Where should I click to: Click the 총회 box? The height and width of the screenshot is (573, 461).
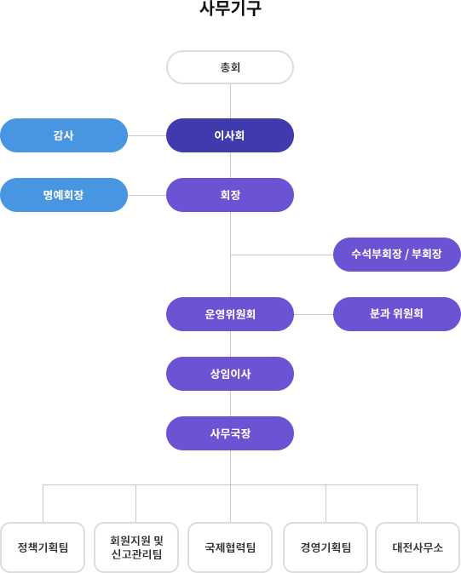pyautogui.click(x=230, y=67)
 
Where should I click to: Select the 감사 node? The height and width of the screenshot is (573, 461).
pyautogui.click(x=64, y=135)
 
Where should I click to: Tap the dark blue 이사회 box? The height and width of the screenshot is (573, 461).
pyautogui.click(x=230, y=135)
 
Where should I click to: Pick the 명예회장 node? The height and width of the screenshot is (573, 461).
pyautogui.click(x=64, y=195)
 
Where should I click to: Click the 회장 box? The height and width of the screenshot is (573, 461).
pyautogui.click(x=230, y=195)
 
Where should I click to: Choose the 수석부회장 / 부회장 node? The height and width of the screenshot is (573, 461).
pyautogui.click(x=397, y=255)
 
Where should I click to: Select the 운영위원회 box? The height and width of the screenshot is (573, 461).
pyautogui.click(x=230, y=314)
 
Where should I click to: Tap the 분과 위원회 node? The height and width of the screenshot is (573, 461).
pyautogui.click(x=397, y=314)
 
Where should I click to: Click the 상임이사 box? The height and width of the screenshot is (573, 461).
pyautogui.click(x=230, y=374)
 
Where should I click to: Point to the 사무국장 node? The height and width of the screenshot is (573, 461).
pyautogui.click(x=230, y=433)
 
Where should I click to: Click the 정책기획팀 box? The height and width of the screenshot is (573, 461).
pyautogui.click(x=43, y=547)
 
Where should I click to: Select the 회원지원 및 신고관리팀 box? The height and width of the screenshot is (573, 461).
pyautogui.click(x=136, y=547)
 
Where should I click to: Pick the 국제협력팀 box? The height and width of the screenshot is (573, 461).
pyautogui.click(x=230, y=547)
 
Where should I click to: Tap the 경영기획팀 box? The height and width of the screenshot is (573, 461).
pyautogui.click(x=326, y=547)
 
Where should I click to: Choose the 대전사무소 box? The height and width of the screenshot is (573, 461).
pyautogui.click(x=418, y=547)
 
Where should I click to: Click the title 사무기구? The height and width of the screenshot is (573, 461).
pyautogui.click(x=230, y=8)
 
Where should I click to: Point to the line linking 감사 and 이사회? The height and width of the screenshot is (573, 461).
pyautogui.click(x=147, y=135)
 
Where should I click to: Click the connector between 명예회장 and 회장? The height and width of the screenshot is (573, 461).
pyautogui.click(x=147, y=195)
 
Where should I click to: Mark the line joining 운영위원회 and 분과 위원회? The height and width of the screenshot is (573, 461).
pyautogui.click(x=314, y=314)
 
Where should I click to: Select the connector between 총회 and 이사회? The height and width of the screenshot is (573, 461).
pyautogui.click(x=230, y=101)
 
